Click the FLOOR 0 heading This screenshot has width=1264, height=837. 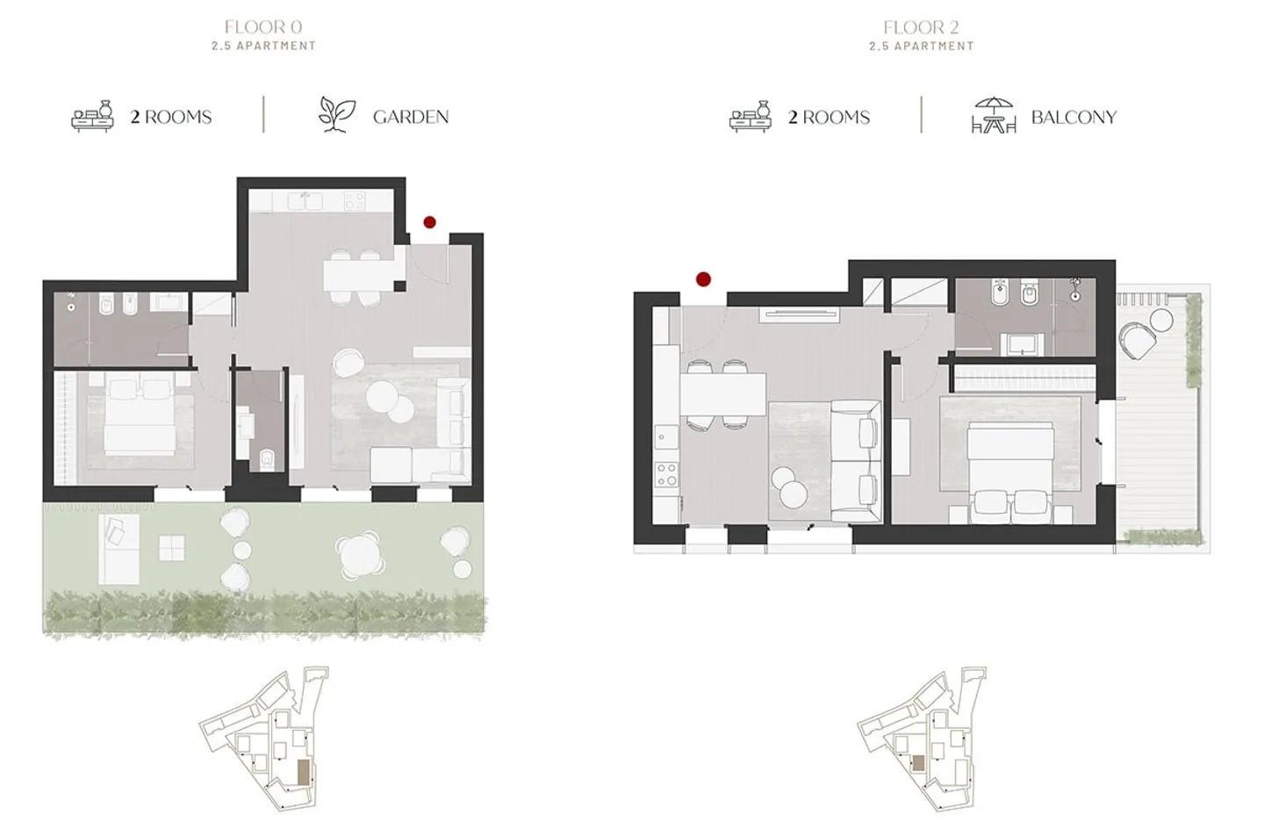[x=262, y=27]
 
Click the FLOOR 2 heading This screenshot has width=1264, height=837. [x=921, y=27]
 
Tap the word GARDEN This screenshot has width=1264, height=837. [x=410, y=117]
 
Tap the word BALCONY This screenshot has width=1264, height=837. [x=1073, y=117]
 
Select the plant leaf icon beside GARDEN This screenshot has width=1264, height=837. [x=336, y=115]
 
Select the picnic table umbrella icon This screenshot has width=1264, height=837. [x=993, y=115]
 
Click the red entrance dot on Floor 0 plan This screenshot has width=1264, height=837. [x=429, y=223]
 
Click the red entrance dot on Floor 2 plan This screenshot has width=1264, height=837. [x=703, y=279]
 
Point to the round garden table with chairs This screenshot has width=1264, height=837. [x=360, y=554]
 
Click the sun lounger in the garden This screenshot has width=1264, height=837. [x=118, y=549]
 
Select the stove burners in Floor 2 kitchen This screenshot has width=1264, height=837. [x=667, y=475]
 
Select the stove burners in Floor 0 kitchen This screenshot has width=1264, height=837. [x=354, y=201]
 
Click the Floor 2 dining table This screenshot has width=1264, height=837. [x=722, y=394]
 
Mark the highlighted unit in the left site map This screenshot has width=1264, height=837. [x=304, y=772]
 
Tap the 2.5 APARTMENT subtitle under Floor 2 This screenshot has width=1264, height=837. [x=921, y=46]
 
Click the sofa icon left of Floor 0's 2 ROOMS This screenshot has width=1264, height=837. [x=93, y=116]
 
